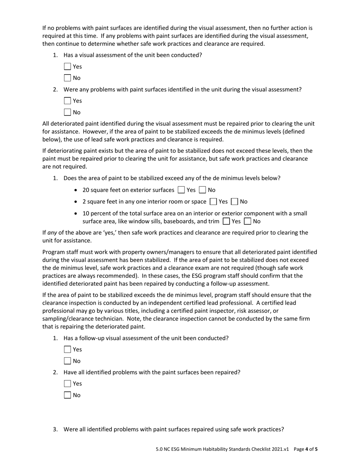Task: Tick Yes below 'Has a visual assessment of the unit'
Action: click(67, 67)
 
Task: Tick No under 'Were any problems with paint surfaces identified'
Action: click(67, 112)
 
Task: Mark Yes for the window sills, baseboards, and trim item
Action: click(226, 221)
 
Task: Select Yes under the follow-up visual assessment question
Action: click(67, 350)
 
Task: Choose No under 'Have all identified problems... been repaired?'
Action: click(67, 395)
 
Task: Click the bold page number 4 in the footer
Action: click(307, 449)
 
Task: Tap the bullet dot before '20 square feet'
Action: click(77, 190)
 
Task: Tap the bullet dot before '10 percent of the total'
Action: click(77, 214)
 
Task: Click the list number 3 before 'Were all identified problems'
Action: click(55, 429)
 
